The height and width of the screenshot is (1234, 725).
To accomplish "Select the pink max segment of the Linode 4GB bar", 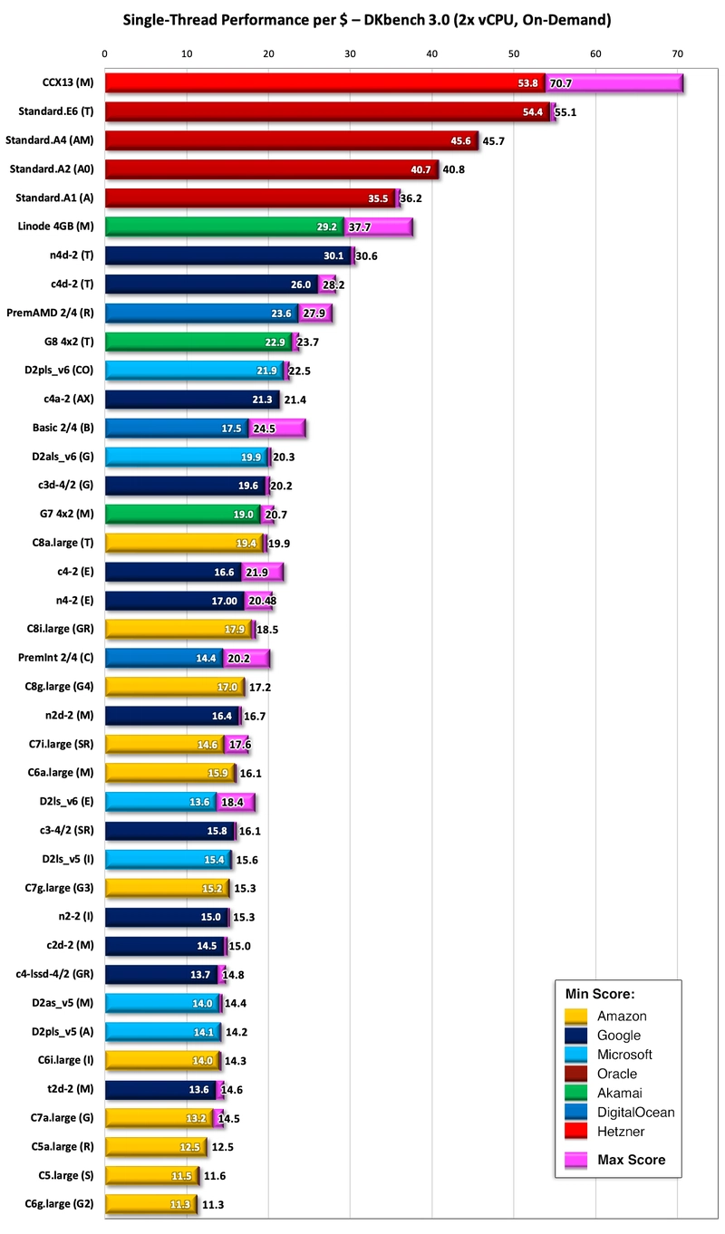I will pyautogui.click(x=380, y=227).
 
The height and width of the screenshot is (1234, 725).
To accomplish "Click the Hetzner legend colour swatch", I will pyautogui.click(x=575, y=1132).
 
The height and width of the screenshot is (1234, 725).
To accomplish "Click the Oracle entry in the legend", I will pyautogui.click(x=616, y=1074).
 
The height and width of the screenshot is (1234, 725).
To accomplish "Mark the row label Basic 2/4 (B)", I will pyautogui.click(x=68, y=428).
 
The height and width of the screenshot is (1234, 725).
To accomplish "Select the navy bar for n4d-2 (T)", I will pyautogui.click(x=227, y=255).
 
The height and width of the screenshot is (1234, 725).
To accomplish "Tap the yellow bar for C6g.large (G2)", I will pyautogui.click(x=150, y=1203).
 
